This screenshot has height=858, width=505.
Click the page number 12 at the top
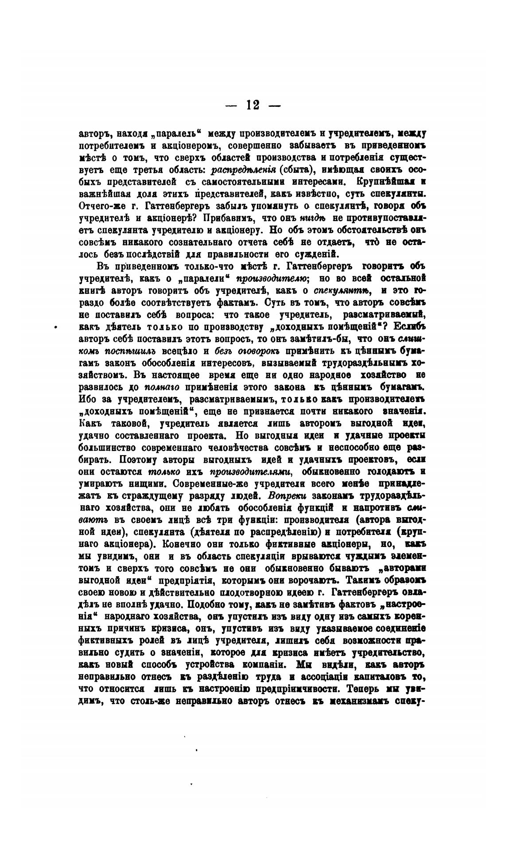point(253,105)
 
